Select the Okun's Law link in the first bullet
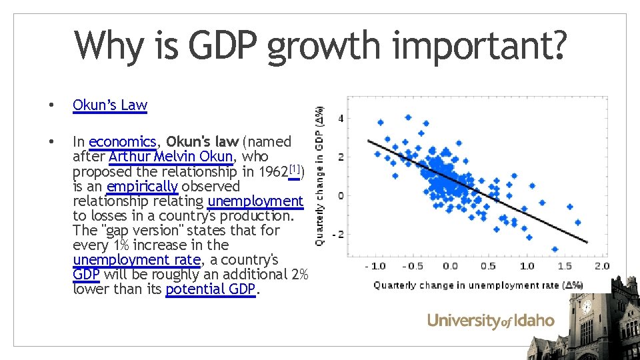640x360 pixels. (110, 105)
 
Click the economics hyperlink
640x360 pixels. (122, 142)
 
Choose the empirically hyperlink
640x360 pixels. (142, 186)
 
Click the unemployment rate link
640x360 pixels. (136, 259)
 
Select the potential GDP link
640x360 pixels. (211, 289)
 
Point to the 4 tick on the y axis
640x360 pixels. (341, 119)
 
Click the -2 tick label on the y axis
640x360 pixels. (339, 235)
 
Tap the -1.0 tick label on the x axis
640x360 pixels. (375, 266)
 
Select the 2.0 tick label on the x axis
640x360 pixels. (601, 266)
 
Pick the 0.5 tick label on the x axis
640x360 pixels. (488, 266)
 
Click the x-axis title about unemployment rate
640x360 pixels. (478, 285)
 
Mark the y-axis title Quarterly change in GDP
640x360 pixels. (321, 176)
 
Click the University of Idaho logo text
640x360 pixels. (491, 321)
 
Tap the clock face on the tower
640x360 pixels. (586, 307)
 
